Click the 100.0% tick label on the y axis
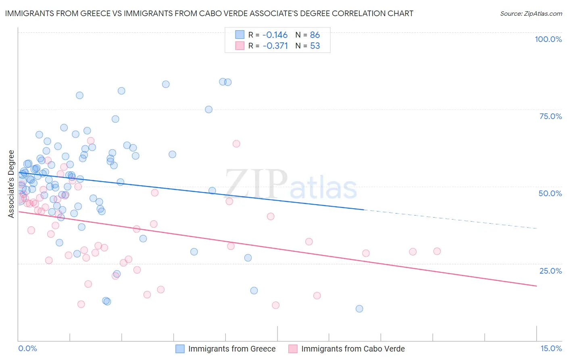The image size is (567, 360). [x=548, y=39]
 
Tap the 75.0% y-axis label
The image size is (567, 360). [x=550, y=116]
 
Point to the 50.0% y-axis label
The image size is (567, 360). [x=550, y=193]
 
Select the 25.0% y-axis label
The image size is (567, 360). [x=550, y=270]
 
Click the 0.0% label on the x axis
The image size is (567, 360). [x=27, y=348]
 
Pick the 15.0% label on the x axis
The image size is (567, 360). [x=551, y=348]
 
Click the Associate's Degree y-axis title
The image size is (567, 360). [x=11, y=184]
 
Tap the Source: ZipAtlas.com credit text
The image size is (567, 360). [x=531, y=14]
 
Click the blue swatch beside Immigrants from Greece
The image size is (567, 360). [x=180, y=349]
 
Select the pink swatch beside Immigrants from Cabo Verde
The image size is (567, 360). [x=293, y=349]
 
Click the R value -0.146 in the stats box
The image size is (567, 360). [x=275, y=35]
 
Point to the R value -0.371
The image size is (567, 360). [x=275, y=46]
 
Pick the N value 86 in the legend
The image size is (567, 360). [x=315, y=35]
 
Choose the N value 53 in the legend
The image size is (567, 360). [x=315, y=46]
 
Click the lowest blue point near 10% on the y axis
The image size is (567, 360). [x=359, y=309]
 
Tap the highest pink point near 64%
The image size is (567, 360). [x=236, y=144]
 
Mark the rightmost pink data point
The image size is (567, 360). [x=437, y=251]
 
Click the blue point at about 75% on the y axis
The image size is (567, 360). [x=208, y=109]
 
